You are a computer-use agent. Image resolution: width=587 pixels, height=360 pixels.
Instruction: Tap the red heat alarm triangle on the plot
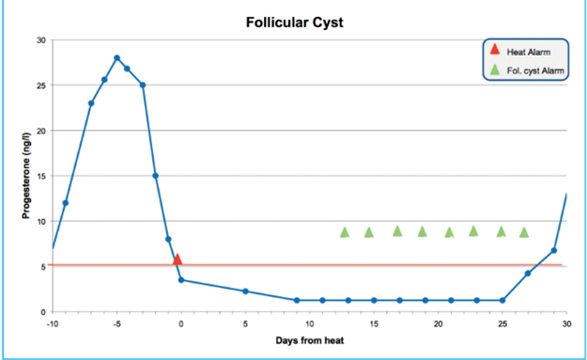point(177,259)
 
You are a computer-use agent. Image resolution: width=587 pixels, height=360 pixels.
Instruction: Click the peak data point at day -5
point(117,57)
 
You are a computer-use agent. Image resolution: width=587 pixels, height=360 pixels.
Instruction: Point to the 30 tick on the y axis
point(40,40)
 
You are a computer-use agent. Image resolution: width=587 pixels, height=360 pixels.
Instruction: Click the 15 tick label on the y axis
point(40,176)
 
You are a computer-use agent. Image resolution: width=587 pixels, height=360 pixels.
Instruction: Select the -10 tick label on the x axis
point(53,322)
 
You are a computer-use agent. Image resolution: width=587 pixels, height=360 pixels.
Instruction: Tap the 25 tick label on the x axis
point(502,322)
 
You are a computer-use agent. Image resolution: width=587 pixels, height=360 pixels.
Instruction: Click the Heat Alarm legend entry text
point(529,52)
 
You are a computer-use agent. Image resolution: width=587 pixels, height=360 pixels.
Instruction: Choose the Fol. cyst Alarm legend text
point(536,70)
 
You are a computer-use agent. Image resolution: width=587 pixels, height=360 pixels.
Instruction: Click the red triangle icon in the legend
point(495,51)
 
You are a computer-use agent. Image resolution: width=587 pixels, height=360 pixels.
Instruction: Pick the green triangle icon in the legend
point(495,70)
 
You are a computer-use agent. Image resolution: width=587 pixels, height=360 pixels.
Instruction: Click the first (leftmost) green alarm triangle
point(345,231)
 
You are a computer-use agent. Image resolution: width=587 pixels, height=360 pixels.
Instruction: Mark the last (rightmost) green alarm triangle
point(524,231)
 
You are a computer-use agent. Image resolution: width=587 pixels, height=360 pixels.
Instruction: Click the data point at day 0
point(181,280)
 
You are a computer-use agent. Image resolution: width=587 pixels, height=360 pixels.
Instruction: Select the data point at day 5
point(245,291)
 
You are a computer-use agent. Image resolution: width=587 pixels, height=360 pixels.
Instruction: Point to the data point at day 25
point(502,301)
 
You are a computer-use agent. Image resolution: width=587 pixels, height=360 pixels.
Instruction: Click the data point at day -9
point(66,203)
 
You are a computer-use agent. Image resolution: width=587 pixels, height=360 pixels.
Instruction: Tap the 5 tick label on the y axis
point(42,266)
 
